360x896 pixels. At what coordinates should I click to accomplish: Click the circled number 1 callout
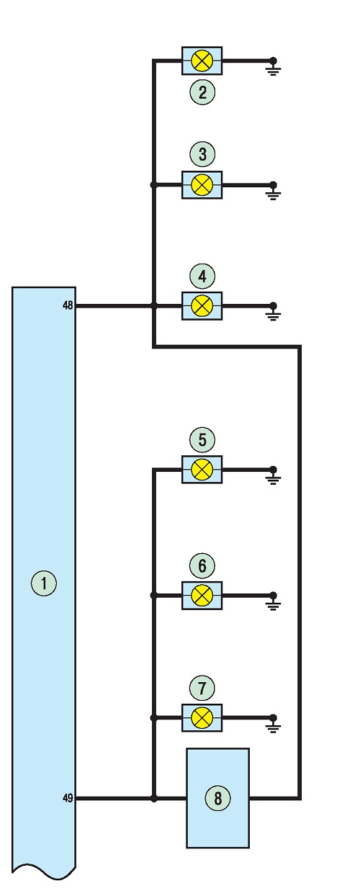click(44, 583)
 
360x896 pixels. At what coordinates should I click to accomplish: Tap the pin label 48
click(68, 305)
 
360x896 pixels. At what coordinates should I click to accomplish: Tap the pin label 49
click(68, 797)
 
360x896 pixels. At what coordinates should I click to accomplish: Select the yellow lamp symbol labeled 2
click(202, 61)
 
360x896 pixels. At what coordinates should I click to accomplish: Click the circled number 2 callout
click(202, 92)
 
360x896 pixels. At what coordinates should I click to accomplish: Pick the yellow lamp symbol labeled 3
click(202, 185)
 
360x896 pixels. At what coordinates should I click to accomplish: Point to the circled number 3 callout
click(202, 154)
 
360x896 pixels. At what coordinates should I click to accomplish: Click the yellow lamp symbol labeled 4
click(202, 306)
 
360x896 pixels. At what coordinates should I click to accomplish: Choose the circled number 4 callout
click(202, 276)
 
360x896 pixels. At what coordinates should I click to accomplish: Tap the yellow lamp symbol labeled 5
click(202, 470)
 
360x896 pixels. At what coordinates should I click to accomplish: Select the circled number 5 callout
click(202, 439)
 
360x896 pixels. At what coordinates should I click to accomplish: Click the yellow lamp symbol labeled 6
click(202, 595)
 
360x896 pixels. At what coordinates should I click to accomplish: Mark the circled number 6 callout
click(202, 565)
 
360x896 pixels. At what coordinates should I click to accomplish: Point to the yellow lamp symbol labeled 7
click(202, 718)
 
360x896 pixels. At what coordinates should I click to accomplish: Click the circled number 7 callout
click(202, 688)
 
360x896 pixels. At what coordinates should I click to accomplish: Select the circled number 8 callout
click(218, 798)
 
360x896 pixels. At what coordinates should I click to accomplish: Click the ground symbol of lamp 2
click(273, 67)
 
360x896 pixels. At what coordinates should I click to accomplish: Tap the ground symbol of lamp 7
click(273, 725)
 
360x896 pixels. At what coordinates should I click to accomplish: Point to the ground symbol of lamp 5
click(273, 476)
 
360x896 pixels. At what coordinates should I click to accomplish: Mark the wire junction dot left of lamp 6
click(153, 595)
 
